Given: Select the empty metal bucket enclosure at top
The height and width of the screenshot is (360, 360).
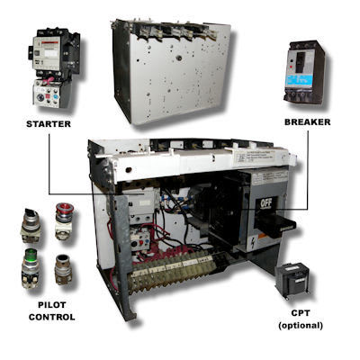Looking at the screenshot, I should [171, 70].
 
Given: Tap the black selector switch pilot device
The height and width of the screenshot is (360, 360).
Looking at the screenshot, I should [31, 220].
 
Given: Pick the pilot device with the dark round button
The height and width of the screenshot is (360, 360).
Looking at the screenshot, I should [64, 268].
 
